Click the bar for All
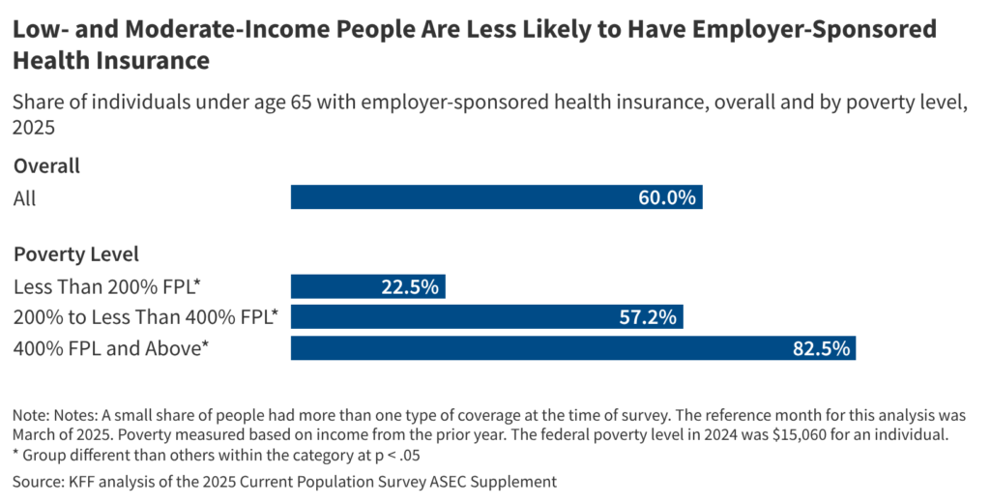tap(496, 197)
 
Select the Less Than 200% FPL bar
tap(367, 286)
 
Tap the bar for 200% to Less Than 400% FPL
tap(487, 316)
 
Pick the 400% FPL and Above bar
tap(572, 347)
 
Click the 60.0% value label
tap(666, 197)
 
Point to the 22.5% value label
tap(410, 286)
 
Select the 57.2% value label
tap(648, 316)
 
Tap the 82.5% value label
tap(821, 347)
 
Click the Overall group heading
tap(46, 165)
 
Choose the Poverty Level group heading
tap(76, 254)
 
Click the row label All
tap(24, 197)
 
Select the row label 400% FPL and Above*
tap(111, 347)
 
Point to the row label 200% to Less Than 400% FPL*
tap(145, 316)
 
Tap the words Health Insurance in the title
tap(111, 61)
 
